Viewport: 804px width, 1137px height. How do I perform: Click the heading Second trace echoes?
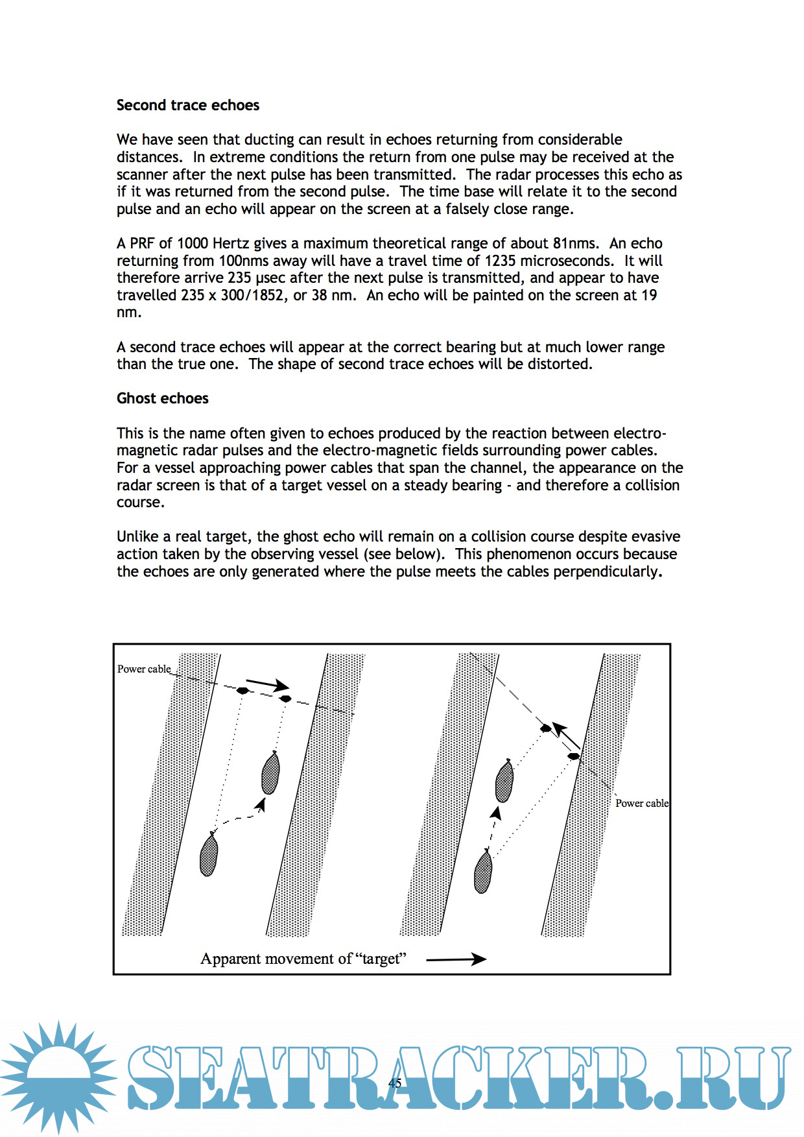tap(187, 105)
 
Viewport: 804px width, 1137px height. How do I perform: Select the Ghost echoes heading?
tap(162, 398)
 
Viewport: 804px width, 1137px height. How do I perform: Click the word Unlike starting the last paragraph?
tap(137, 536)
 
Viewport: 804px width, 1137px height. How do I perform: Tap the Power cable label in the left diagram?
tap(144, 669)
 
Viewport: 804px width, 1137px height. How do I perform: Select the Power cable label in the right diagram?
tap(641, 803)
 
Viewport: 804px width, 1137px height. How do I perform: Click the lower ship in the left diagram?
tap(208, 855)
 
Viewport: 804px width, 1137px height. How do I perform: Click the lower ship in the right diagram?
tap(483, 872)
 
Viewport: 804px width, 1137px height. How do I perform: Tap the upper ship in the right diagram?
tap(504, 780)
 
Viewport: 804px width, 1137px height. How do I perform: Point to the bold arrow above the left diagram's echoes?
tap(267, 684)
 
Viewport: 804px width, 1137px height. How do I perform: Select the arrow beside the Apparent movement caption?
tap(456, 959)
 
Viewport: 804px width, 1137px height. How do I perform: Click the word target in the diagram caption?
tap(381, 959)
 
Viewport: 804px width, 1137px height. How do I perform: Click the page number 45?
tap(395, 1083)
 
